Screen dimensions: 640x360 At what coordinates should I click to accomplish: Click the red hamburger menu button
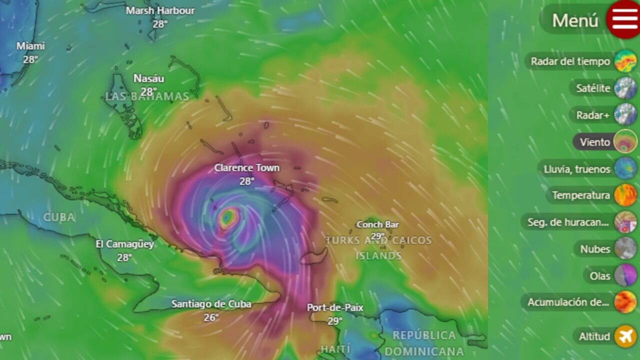click(x=622, y=19)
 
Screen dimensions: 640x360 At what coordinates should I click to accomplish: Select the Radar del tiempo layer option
click(x=570, y=61)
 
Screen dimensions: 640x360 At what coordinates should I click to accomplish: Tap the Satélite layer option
click(x=593, y=88)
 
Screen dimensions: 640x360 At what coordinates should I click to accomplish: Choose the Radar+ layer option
click(x=593, y=115)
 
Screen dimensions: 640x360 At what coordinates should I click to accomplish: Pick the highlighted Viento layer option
click(x=595, y=142)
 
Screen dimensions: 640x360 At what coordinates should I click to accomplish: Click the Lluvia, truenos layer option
click(x=577, y=169)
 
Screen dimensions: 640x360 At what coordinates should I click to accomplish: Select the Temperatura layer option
click(x=581, y=195)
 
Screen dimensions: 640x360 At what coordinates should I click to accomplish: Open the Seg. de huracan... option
click(x=567, y=222)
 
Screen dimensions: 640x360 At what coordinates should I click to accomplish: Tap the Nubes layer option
click(x=595, y=249)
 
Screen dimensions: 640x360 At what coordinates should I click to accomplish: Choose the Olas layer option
click(x=600, y=275)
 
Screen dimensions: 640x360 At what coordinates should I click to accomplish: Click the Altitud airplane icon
click(x=625, y=336)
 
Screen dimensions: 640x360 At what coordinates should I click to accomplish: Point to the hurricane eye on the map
click(x=227, y=217)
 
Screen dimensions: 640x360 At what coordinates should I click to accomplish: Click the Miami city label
click(x=30, y=46)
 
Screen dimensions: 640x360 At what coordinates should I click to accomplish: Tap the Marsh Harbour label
click(x=160, y=10)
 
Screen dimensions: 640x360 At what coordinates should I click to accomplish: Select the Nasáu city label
click(x=148, y=78)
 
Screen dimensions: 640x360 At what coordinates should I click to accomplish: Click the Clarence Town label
click(x=246, y=168)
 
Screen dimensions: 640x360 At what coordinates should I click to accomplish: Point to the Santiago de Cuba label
click(x=211, y=304)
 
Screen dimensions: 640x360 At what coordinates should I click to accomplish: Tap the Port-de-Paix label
click(x=335, y=307)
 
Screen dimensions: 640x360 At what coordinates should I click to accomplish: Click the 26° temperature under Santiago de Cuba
click(x=211, y=317)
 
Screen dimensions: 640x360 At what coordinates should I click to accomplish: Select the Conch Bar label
click(x=377, y=224)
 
